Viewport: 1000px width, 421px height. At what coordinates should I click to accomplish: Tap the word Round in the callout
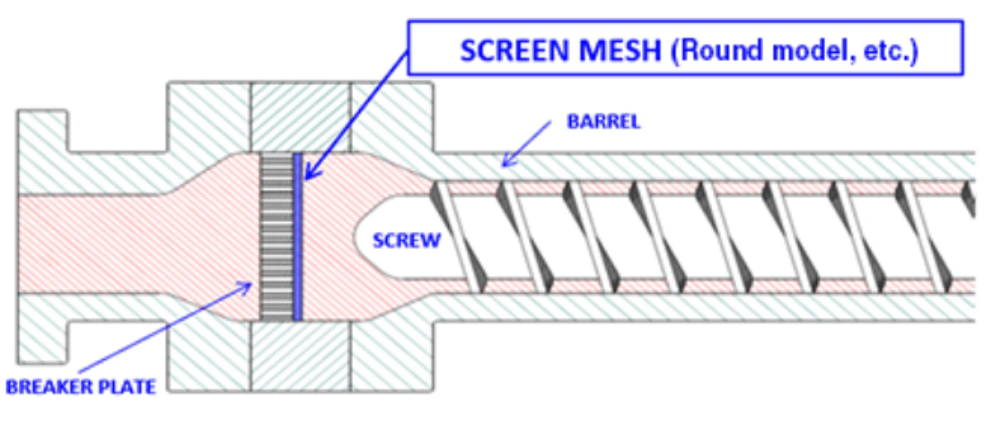[x=718, y=50]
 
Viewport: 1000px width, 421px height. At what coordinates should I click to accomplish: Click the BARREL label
[x=603, y=122]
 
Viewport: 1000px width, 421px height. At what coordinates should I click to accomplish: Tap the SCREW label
[x=407, y=240]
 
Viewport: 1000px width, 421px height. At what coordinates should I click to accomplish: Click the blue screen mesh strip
[x=298, y=236]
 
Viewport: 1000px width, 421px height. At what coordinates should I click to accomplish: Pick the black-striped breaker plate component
[x=277, y=236]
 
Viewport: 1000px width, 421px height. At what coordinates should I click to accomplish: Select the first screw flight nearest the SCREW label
[x=457, y=236]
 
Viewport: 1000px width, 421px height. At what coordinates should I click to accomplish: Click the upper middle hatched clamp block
[x=301, y=117]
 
